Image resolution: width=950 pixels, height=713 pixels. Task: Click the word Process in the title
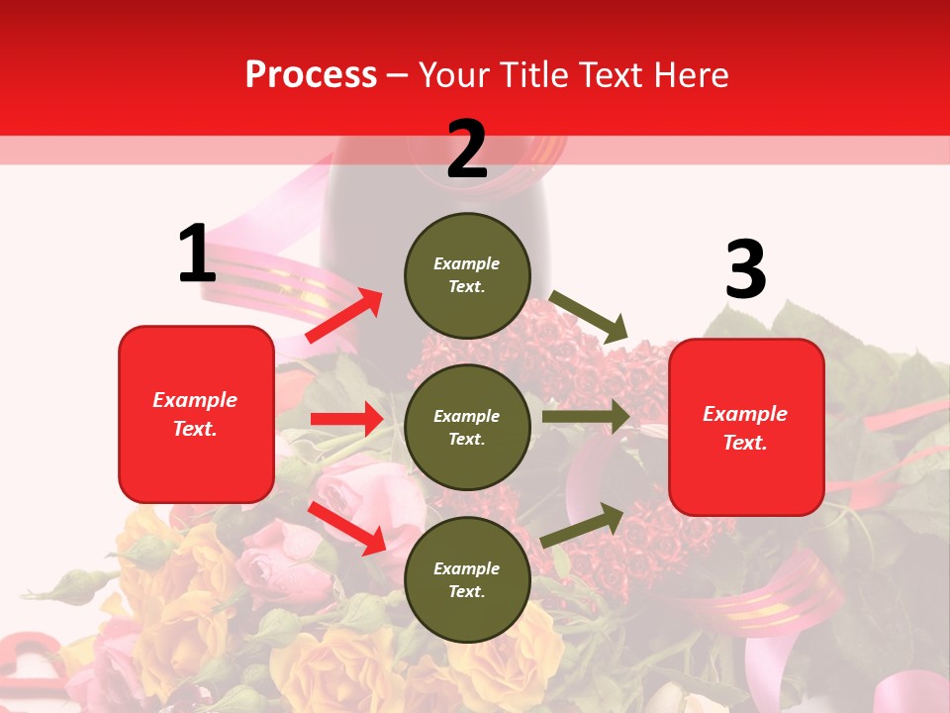click(311, 75)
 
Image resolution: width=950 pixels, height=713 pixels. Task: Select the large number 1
click(197, 255)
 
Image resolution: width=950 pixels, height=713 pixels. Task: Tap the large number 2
click(467, 150)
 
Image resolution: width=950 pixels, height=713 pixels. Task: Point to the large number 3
click(745, 269)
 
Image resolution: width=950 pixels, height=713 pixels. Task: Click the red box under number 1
click(196, 414)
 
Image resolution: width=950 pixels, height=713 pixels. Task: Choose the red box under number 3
click(746, 427)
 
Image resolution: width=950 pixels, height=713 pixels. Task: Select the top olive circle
click(467, 274)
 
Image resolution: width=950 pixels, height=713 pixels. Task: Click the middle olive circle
click(467, 427)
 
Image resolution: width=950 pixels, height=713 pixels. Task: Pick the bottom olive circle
click(467, 579)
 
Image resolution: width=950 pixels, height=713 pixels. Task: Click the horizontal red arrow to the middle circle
click(346, 419)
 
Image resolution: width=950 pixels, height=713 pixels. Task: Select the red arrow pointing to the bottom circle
click(346, 528)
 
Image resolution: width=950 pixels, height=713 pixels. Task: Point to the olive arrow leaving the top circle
click(589, 316)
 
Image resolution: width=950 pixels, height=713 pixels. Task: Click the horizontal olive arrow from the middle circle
click(585, 416)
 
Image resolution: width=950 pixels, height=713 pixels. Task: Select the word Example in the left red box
click(195, 400)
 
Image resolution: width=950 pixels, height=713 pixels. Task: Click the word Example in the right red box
click(745, 414)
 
